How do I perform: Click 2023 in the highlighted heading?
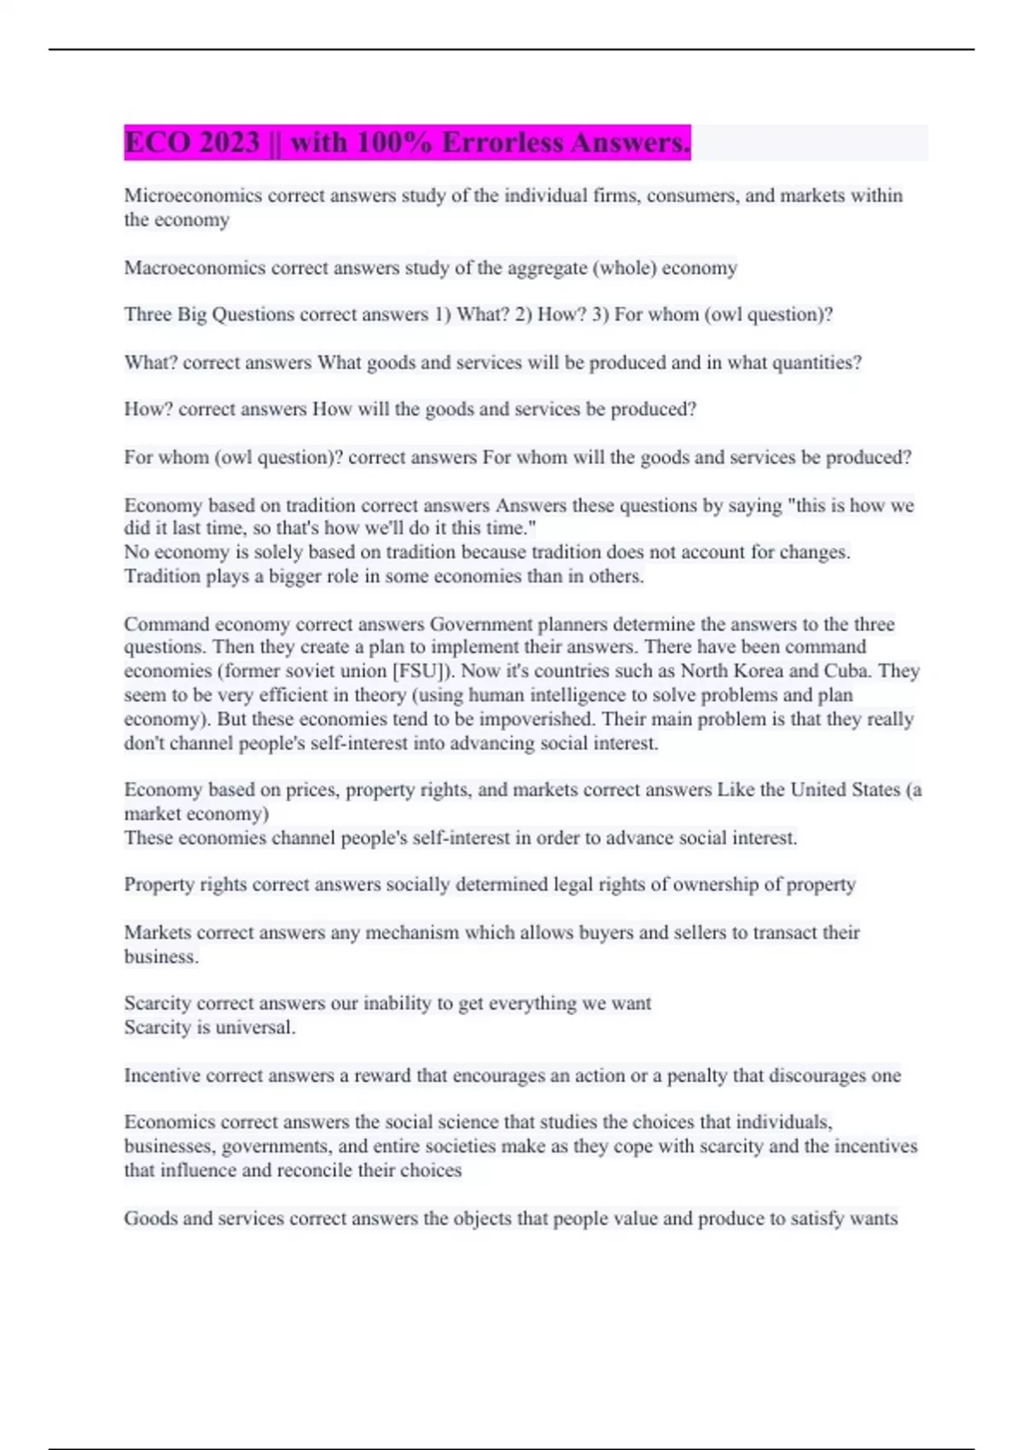(x=230, y=142)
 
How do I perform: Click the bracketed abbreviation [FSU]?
(x=418, y=671)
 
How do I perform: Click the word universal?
(x=254, y=1028)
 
